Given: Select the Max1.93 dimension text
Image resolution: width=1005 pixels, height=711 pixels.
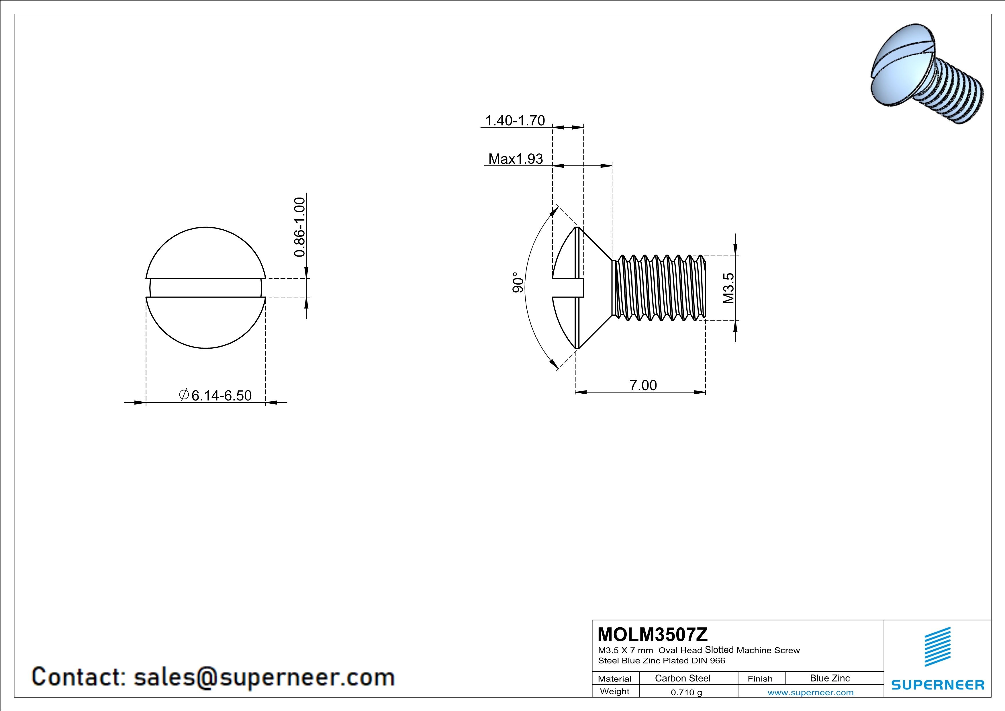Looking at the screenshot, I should click(515, 159).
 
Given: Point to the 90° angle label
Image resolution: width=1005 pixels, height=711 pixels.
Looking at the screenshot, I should click(518, 282).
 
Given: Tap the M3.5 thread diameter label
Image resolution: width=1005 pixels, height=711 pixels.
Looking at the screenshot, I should click(728, 288).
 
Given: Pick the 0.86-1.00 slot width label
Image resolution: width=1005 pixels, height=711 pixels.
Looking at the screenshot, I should click(299, 227).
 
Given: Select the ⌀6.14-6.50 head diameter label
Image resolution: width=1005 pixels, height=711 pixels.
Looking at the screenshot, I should click(216, 395).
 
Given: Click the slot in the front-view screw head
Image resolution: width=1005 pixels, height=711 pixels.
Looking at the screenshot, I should click(206, 288).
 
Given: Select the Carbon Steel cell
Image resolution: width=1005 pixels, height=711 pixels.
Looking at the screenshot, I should click(682, 678).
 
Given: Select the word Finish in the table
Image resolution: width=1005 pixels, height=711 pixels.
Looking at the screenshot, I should click(760, 679).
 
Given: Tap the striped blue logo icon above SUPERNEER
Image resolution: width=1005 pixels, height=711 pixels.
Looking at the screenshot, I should click(937, 647).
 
